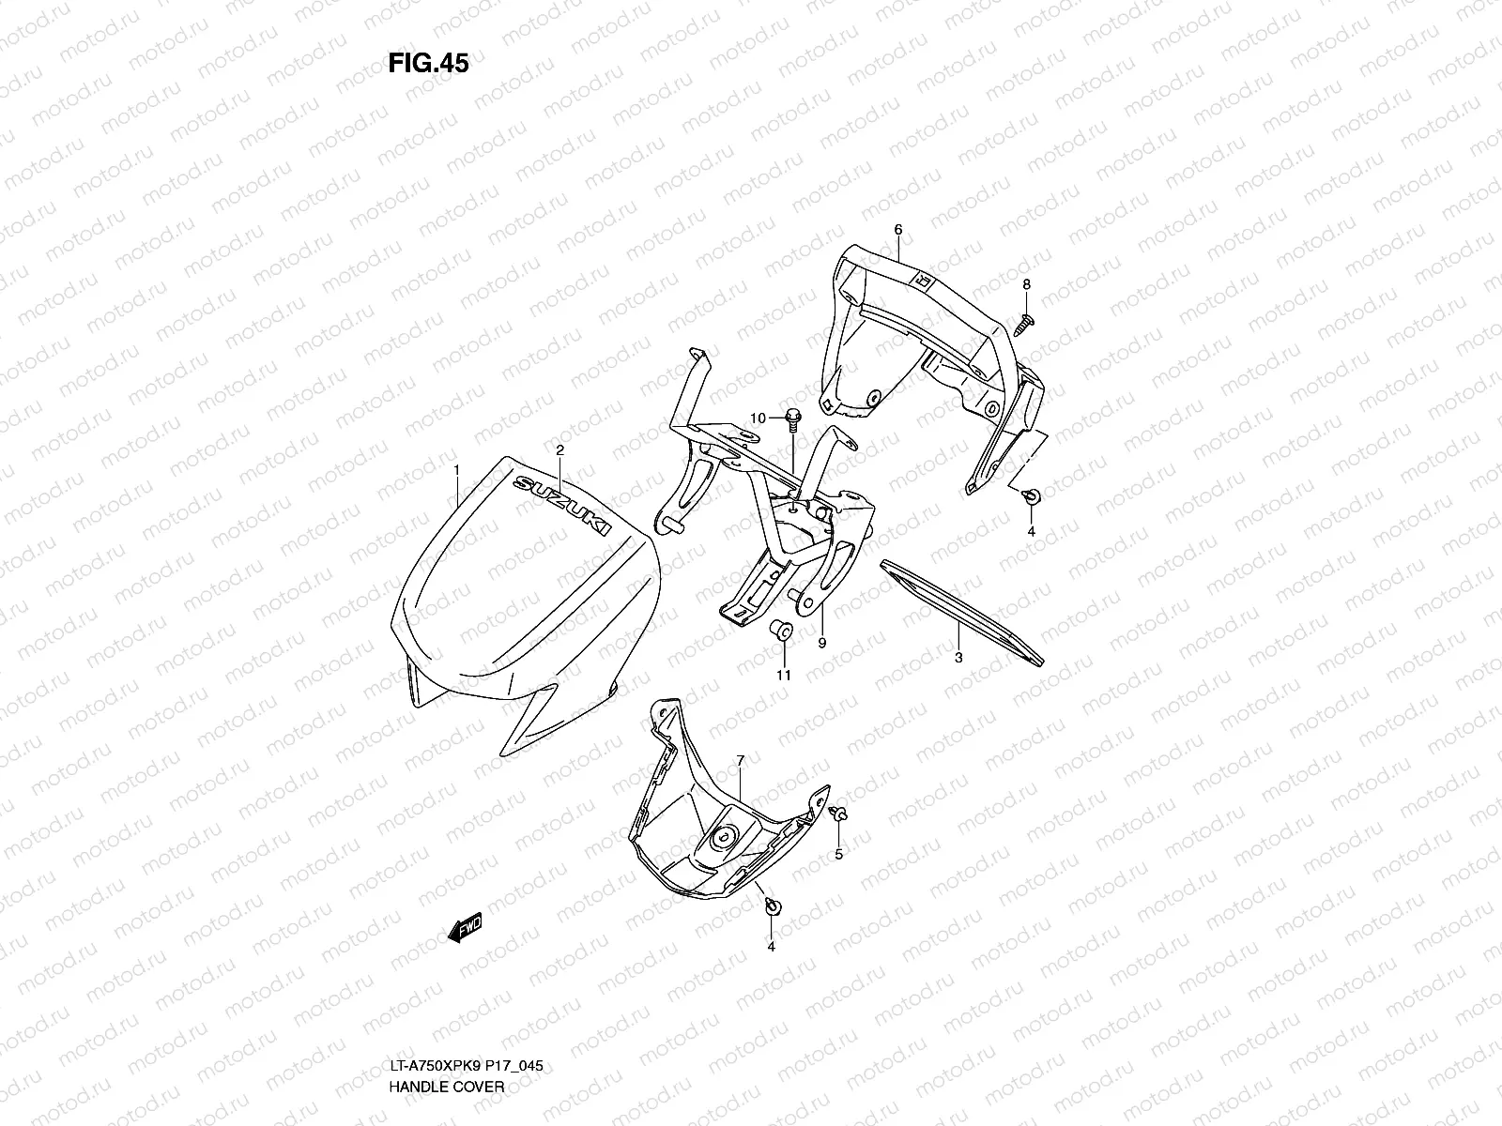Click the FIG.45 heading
coord(428,63)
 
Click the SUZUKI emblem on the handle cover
coord(561,507)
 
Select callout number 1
coord(456,468)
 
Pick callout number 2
coord(559,450)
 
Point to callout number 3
coord(958,658)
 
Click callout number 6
coord(897,229)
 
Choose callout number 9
coord(821,643)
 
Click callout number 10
coord(759,417)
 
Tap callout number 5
coord(839,854)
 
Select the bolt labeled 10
coord(791,418)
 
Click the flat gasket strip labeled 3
coord(958,608)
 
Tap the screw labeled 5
coord(840,815)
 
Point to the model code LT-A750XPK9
coord(434,1067)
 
